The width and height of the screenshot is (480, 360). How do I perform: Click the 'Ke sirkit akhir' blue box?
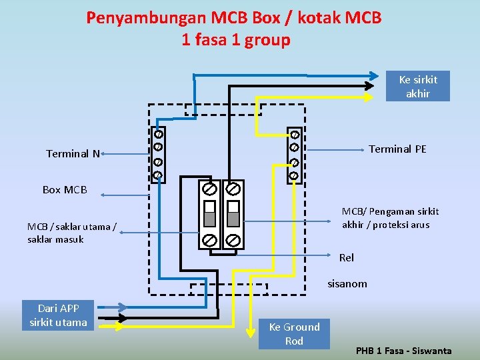click(x=418, y=87)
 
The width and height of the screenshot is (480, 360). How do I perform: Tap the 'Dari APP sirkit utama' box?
click(x=59, y=315)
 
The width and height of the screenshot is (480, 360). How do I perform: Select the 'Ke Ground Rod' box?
click(x=294, y=333)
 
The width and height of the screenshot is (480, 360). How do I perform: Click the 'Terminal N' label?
click(x=73, y=153)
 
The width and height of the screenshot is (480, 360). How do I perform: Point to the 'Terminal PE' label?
click(x=397, y=149)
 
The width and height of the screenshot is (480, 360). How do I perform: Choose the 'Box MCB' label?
click(x=65, y=189)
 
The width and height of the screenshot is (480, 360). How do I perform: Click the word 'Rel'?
click(x=347, y=257)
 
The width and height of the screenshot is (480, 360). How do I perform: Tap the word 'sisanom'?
click(x=347, y=283)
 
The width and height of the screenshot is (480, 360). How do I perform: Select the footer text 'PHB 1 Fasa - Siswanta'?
click(x=404, y=351)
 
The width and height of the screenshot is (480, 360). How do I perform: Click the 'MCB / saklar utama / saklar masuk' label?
click(x=71, y=233)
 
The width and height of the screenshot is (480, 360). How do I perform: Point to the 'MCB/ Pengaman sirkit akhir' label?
click(x=391, y=218)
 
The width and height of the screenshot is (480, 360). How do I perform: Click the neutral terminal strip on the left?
click(x=158, y=155)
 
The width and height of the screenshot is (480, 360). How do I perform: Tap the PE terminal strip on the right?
click(x=294, y=155)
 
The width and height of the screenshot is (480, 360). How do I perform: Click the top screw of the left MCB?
click(x=209, y=189)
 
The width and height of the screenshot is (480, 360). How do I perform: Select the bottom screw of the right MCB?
click(x=233, y=239)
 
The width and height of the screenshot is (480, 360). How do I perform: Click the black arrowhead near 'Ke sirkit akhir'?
click(x=369, y=85)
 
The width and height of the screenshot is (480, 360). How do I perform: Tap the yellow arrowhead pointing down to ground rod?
click(x=249, y=319)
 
